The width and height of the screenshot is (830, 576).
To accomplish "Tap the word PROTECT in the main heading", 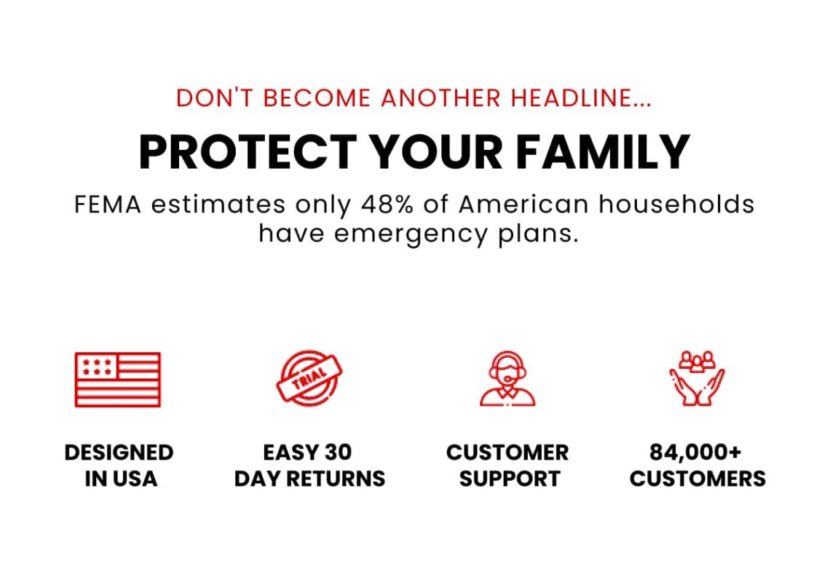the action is click(x=248, y=151).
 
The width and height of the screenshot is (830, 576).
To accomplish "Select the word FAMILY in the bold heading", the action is click(x=603, y=151).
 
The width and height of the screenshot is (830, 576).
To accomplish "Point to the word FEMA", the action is click(x=108, y=204).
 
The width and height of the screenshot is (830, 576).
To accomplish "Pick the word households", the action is click(x=676, y=204).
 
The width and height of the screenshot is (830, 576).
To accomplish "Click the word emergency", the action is click(x=411, y=234).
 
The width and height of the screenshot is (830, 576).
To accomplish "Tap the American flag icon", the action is click(x=117, y=379).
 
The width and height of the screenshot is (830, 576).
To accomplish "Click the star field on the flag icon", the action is click(x=97, y=366).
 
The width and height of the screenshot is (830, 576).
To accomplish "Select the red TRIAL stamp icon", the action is click(x=309, y=377).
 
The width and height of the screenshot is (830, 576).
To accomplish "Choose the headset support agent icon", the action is click(x=507, y=378).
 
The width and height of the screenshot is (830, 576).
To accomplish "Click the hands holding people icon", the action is click(x=697, y=378).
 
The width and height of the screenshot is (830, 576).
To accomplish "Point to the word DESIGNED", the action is click(x=119, y=453).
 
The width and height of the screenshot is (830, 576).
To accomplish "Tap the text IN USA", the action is click(x=121, y=479).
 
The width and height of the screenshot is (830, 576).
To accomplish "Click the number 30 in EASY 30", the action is click(x=339, y=453).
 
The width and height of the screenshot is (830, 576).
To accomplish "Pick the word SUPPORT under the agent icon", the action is click(x=509, y=479).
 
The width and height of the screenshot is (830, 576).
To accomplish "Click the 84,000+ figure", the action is click(x=695, y=453).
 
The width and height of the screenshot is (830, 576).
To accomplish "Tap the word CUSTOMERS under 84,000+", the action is click(x=697, y=479).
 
